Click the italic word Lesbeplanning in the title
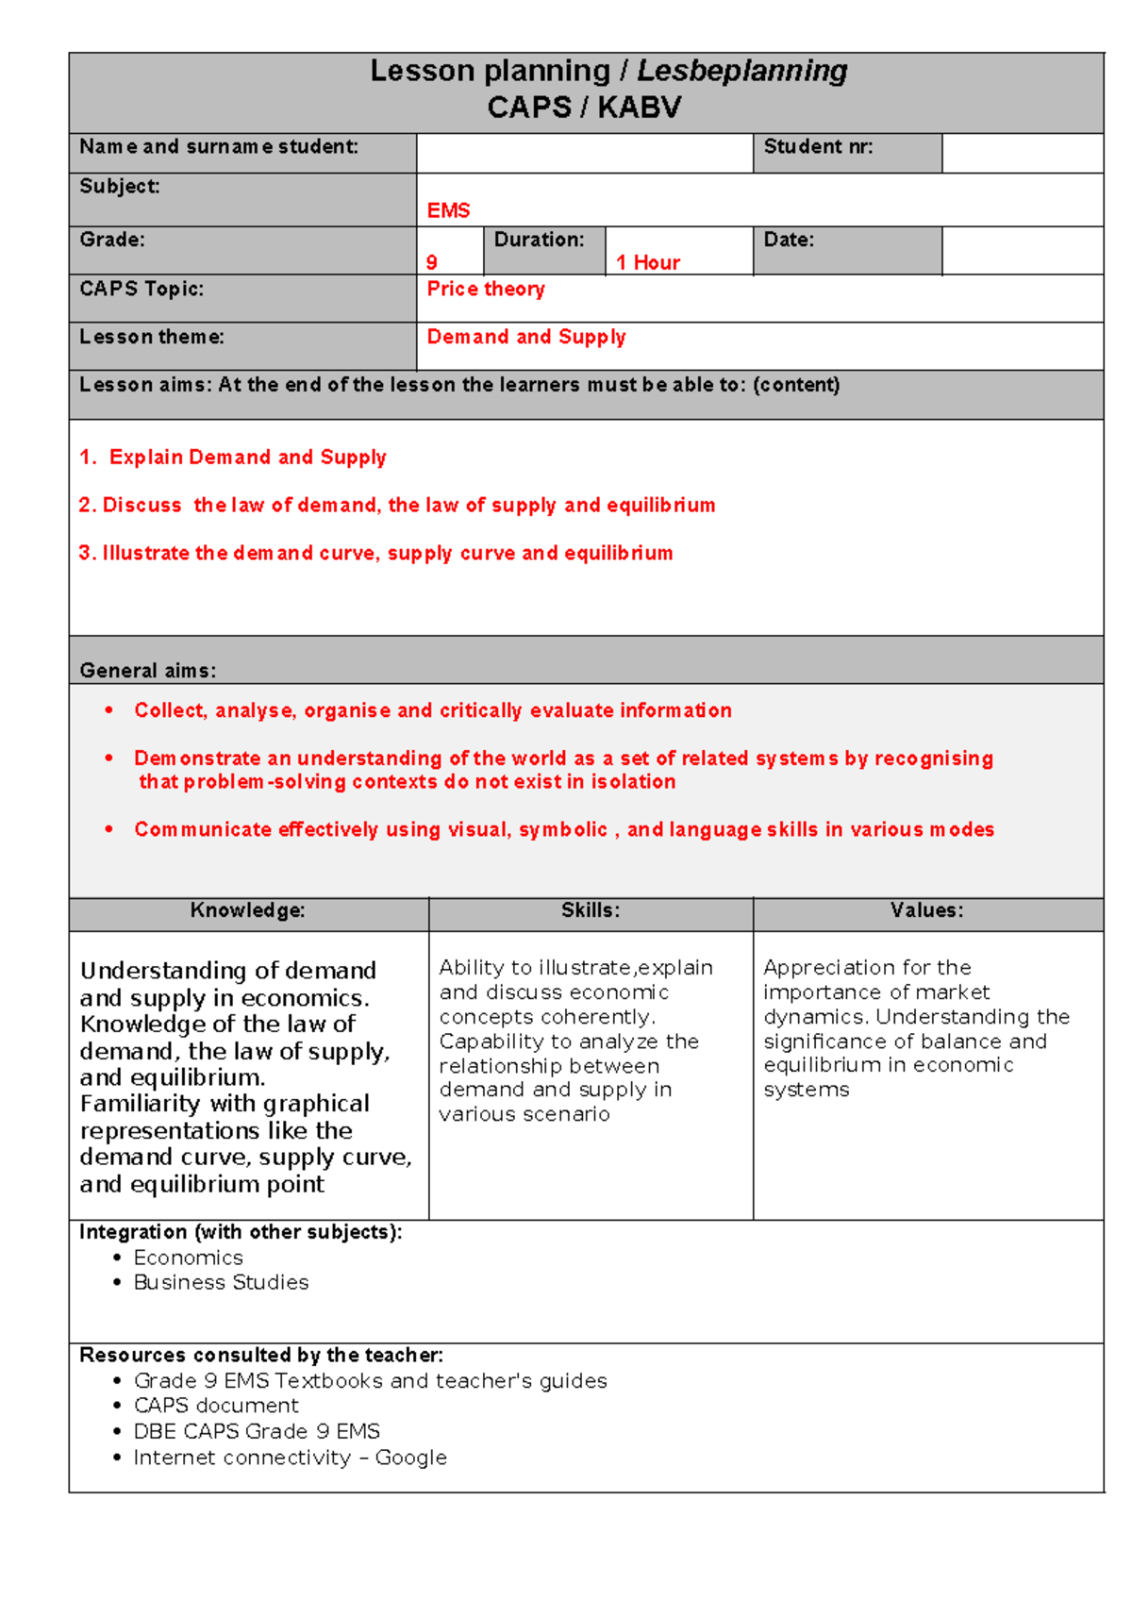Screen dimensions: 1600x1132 [741, 71]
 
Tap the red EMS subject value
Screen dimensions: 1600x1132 [448, 210]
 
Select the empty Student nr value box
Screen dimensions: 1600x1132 [1022, 153]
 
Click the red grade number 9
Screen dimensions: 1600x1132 [432, 262]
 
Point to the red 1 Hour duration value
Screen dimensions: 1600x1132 [648, 262]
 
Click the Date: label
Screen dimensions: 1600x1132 [789, 240]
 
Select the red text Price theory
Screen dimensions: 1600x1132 [486, 289]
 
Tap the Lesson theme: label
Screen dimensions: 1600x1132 [152, 337]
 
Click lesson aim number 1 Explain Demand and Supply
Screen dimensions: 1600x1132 [233, 457]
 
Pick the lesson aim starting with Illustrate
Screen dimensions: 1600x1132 [375, 553]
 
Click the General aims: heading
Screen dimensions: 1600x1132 [148, 671]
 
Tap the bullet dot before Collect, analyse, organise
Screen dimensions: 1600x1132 [109, 709]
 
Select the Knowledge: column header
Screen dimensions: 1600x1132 [248, 910]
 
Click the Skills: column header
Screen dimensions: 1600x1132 [591, 910]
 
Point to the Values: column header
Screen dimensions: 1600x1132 [927, 910]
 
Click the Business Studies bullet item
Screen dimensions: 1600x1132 [221, 1282]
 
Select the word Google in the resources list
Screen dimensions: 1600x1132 [411, 1458]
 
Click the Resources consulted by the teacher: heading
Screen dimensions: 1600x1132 [261, 1355]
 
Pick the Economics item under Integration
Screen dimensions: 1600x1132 [188, 1258]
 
